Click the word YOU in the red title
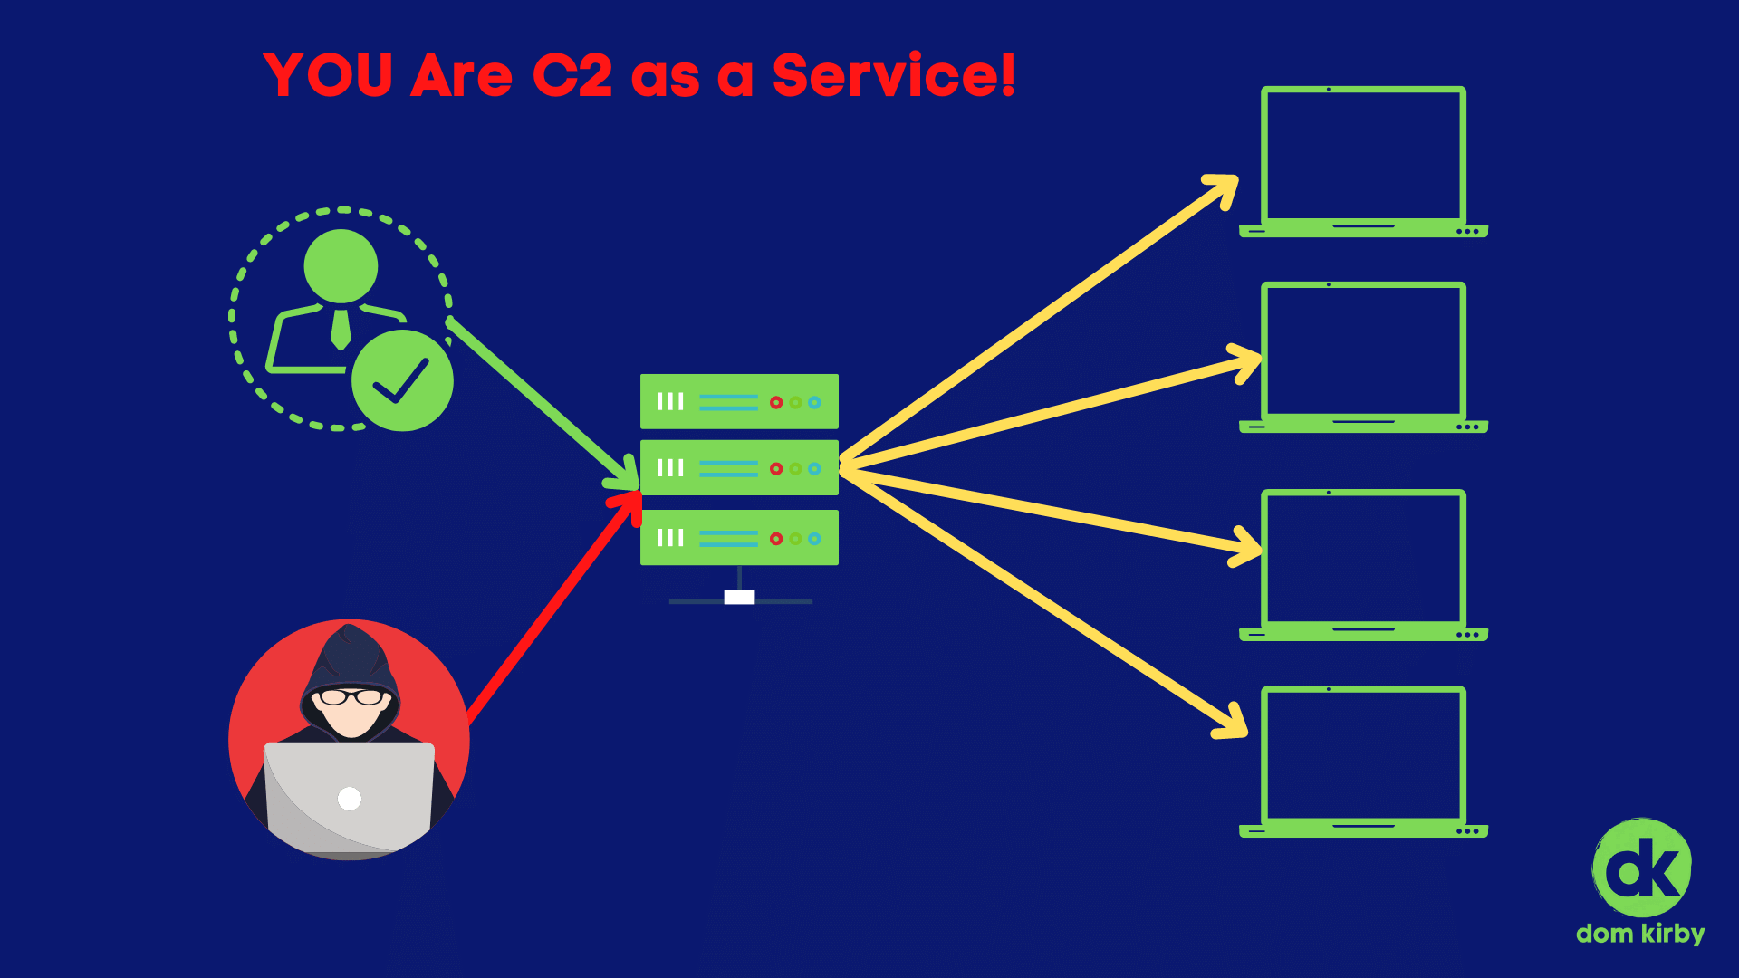click(328, 75)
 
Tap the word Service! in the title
click(893, 75)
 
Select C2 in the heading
click(572, 75)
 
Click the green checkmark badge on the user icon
click(402, 380)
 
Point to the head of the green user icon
click(341, 266)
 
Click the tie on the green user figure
click(341, 329)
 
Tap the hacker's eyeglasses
click(351, 697)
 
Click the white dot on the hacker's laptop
click(349, 798)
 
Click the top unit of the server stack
click(739, 401)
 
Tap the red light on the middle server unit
click(776, 469)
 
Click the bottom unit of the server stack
click(739, 538)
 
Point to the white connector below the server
click(739, 597)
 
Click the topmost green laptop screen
click(1363, 154)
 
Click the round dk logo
click(1641, 868)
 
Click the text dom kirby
click(1640, 934)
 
